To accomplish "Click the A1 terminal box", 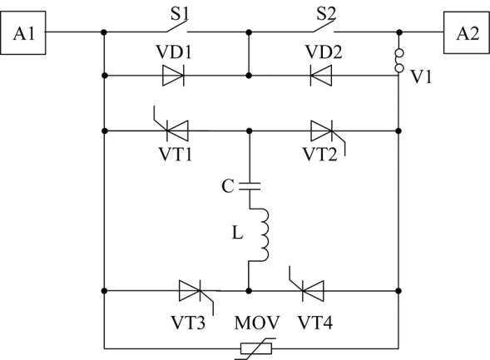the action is point(23,32).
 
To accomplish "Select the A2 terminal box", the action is point(467,32).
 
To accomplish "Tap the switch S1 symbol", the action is point(177,27).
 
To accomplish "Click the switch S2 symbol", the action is point(324,27).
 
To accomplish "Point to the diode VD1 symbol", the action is point(173,76).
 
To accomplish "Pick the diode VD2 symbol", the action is point(321,76).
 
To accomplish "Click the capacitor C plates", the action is point(250,186).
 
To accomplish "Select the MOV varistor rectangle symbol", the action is point(256,348).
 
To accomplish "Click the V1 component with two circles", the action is point(399,61).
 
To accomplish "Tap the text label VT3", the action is point(188,323).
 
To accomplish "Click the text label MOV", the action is point(257,323).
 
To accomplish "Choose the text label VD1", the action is point(174,52).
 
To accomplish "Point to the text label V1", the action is point(421,76).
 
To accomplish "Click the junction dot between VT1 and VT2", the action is point(249,131).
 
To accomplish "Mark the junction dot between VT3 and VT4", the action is point(249,291).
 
